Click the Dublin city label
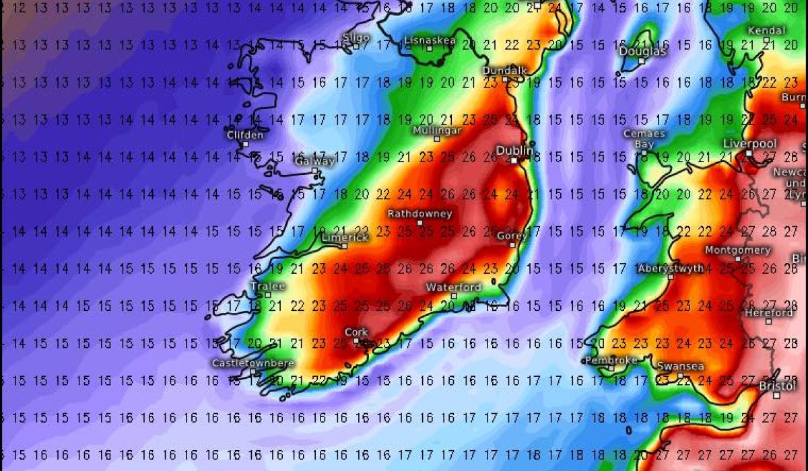click(514, 151)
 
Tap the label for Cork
click(356, 332)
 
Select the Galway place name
click(314, 161)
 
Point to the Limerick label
click(345, 238)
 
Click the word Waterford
click(454, 287)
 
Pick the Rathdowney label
click(419, 214)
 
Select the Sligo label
click(356, 37)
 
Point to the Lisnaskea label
click(430, 40)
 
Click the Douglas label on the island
click(642, 51)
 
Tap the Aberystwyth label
click(671, 268)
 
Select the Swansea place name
click(680, 366)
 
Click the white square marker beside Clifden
click(245, 144)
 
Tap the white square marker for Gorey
click(512, 245)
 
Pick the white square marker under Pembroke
click(611, 369)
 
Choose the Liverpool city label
click(749, 144)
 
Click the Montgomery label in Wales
click(737, 250)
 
